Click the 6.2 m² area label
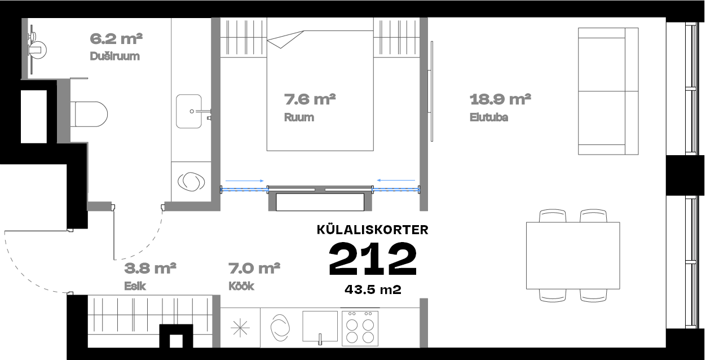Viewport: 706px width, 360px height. coord(116,39)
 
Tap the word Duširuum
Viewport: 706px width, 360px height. coord(114,56)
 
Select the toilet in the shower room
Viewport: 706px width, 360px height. coord(89,114)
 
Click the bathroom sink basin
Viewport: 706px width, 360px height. coord(189,111)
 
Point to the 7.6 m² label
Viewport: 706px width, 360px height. coord(310,99)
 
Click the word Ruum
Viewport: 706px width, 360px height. coord(299,117)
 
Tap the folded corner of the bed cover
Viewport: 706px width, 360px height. coord(285,39)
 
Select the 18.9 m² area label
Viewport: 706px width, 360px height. coord(500,99)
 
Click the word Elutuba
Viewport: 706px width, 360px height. coord(489,117)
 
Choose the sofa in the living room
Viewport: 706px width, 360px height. coord(608,91)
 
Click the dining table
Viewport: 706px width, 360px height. coord(573,256)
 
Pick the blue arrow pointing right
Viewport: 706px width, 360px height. coord(245,181)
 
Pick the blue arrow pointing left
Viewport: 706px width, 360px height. coord(396,180)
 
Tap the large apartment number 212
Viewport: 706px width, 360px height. coord(373,259)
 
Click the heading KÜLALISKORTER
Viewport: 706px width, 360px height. coord(373,230)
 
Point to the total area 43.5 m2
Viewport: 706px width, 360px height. coord(373,289)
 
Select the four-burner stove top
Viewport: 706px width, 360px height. coord(360,328)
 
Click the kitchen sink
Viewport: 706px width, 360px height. coord(320,326)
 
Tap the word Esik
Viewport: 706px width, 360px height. coord(135,286)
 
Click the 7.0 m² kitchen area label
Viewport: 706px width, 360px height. coord(254,269)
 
